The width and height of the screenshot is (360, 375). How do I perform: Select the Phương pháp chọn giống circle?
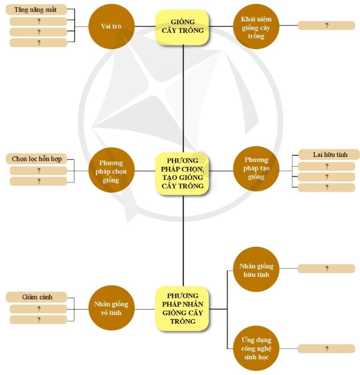111,172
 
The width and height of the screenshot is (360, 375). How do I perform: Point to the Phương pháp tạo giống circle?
256,168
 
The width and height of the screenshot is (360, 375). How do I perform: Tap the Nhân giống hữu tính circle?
256,270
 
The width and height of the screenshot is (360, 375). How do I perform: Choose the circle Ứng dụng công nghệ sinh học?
256,348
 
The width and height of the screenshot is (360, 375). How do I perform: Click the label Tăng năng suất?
39,10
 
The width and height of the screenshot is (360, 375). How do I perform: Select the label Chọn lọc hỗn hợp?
39,159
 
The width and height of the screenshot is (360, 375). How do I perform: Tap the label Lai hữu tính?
327,155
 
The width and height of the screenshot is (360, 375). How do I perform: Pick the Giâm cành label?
39,297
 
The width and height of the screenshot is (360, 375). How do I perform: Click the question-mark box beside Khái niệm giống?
327,25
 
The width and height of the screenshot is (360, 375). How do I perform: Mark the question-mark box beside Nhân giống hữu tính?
327,268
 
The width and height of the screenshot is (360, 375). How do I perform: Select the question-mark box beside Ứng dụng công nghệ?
327,348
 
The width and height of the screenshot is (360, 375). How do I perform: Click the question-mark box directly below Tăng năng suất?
39,21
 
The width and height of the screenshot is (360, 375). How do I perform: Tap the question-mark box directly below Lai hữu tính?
327,166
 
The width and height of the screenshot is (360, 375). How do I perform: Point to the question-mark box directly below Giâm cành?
39,309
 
